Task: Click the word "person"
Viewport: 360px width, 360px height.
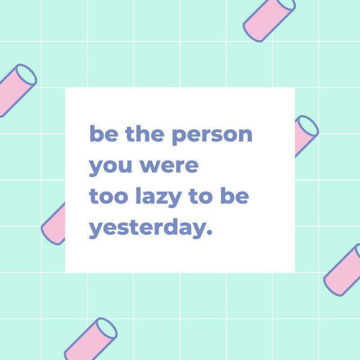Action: pos(212,135)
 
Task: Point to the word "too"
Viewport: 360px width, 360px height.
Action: pos(108,196)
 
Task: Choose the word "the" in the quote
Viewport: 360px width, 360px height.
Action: pos(145,133)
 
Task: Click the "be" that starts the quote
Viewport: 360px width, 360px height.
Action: pos(104,133)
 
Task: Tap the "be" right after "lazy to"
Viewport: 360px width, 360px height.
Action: pos(234,195)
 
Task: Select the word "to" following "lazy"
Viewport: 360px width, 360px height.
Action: pos(200,196)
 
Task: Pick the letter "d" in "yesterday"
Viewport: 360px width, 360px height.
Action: pos(170,227)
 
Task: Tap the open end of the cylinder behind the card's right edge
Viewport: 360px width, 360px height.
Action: pos(306,126)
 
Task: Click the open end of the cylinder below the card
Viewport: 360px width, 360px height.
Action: pos(106,328)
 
